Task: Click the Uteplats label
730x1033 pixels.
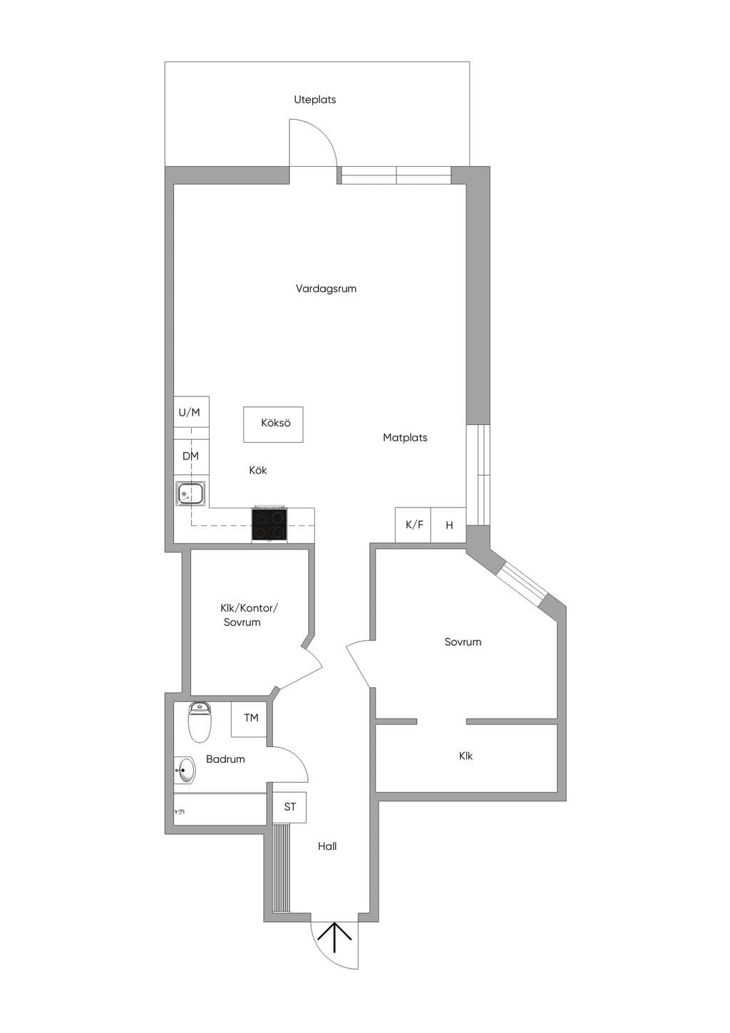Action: click(315, 100)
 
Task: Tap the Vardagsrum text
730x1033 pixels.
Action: click(326, 289)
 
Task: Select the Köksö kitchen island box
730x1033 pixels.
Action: click(273, 424)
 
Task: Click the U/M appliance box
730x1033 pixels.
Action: click(191, 412)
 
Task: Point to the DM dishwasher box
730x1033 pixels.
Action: click(191, 456)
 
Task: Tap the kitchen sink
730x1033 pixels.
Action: click(190, 493)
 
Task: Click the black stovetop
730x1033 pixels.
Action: click(269, 525)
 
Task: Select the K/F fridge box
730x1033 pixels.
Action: click(413, 525)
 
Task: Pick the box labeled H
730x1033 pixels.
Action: click(448, 525)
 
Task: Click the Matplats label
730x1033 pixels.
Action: click(405, 438)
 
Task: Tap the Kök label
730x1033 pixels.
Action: click(258, 471)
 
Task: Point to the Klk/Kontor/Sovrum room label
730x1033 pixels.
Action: click(249, 615)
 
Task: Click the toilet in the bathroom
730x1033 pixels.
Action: click(200, 722)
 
